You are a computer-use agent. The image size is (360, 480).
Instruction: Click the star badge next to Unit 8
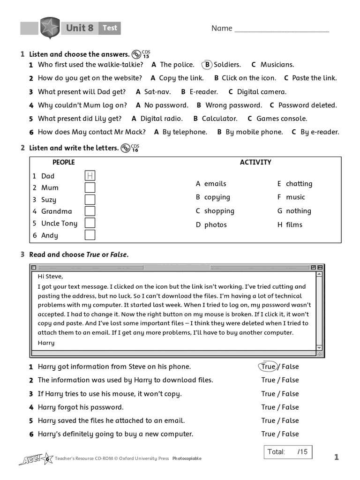coord(49,28)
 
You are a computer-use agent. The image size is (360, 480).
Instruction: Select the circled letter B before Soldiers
coord(207,65)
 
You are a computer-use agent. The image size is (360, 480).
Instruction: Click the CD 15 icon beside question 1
coord(137,54)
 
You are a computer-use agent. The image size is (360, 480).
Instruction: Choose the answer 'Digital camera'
coord(261,92)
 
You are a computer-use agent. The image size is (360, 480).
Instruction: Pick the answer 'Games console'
coord(281,119)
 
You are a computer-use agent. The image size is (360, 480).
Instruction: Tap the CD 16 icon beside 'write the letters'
coord(126,148)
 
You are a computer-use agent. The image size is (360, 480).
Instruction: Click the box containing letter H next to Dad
coord(90,176)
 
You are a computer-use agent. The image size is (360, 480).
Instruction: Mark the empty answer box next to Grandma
coord(90,211)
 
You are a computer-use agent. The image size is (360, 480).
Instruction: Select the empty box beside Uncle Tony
coord(90,223)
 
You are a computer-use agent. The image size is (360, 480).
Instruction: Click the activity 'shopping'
coord(219,211)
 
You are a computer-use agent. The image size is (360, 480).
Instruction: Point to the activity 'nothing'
coord(298,211)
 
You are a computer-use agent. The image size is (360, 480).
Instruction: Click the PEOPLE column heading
coord(63,162)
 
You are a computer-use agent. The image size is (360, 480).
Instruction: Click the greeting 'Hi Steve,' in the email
coord(50,276)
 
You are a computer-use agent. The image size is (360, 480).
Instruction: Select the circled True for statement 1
coord(269,367)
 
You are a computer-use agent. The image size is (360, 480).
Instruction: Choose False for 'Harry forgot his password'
coord(290,407)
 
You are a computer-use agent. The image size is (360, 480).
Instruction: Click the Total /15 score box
coord(287,452)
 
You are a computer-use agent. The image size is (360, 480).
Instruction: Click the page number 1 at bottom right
coord(336,457)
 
